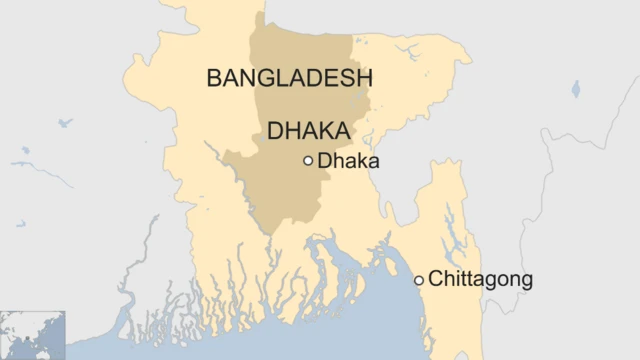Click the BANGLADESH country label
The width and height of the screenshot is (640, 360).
tap(289, 79)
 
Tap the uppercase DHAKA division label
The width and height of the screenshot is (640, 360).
tap(308, 132)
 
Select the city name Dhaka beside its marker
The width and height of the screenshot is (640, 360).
tap(348, 160)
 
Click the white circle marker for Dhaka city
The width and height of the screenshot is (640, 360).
tap(308, 160)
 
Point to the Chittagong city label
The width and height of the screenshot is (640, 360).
tap(480, 279)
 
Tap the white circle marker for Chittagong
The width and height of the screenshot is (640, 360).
tap(419, 280)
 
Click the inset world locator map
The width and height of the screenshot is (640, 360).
tap(32, 335)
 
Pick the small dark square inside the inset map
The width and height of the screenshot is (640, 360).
tap(41, 337)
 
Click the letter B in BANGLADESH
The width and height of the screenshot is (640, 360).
tap(214, 79)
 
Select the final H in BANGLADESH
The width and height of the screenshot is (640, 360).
tap(363, 79)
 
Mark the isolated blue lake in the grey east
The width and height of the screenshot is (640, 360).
tap(576, 89)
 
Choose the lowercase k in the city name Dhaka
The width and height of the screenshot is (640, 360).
tap(363, 160)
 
